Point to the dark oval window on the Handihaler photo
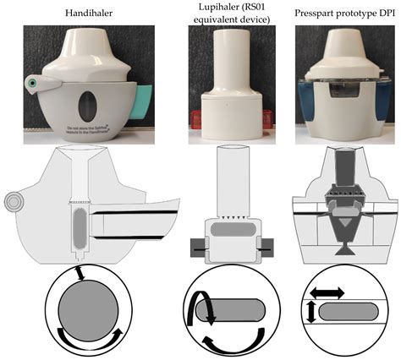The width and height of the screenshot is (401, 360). click(x=82, y=105)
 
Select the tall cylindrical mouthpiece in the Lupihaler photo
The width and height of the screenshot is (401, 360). click(x=228, y=63)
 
